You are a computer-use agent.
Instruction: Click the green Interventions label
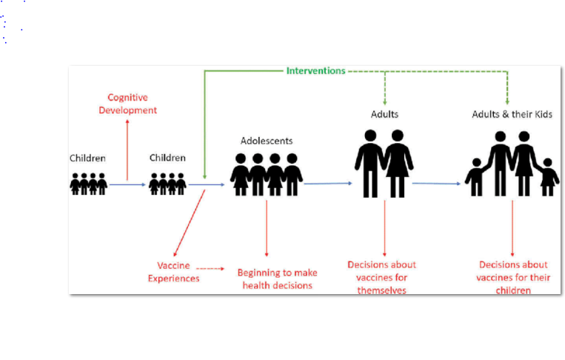point(315,71)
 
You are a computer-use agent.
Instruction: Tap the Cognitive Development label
point(133,104)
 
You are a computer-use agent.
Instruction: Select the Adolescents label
point(266,140)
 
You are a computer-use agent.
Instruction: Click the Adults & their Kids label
point(512,115)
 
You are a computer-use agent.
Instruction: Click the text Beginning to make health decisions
point(277,279)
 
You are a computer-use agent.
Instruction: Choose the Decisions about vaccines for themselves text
point(382,278)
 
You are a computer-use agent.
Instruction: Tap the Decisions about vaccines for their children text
point(513,278)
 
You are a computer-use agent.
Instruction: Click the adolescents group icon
point(267,175)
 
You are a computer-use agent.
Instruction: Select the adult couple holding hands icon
point(383,164)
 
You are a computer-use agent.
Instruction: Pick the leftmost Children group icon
point(89,183)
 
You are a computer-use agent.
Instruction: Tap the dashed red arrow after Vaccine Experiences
point(210,268)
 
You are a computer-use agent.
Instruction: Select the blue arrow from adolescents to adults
point(327,183)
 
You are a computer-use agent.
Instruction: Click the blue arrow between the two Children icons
point(128,184)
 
